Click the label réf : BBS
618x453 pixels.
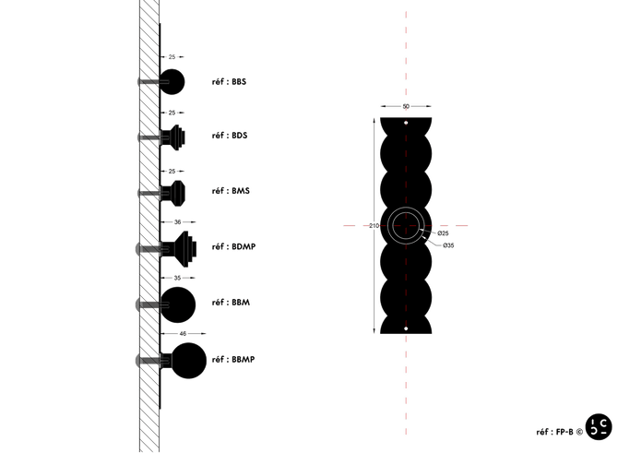230,82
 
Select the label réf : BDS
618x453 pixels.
230,137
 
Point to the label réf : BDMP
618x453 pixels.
233,247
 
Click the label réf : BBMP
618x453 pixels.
233,358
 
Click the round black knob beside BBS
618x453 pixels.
172,81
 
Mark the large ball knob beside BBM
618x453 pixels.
179,303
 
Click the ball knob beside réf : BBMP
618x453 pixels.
189,361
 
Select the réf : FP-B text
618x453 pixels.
558,431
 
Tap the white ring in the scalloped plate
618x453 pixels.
406,225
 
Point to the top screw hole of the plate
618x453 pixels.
406,122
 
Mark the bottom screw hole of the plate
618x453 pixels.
406,328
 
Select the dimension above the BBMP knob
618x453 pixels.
184,332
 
